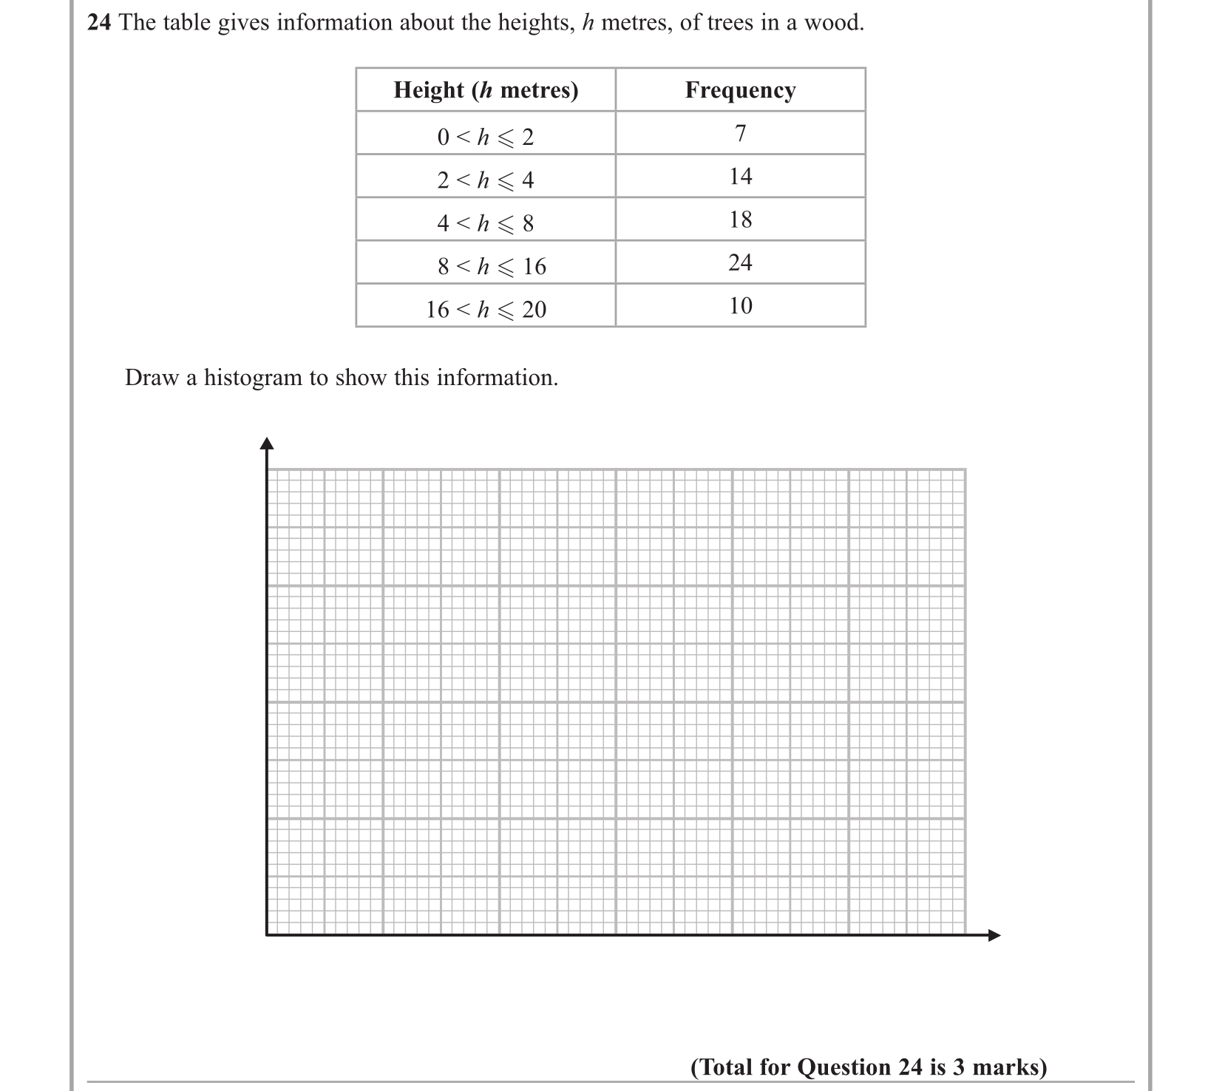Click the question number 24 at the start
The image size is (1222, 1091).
click(x=99, y=23)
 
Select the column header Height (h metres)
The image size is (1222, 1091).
click(x=486, y=90)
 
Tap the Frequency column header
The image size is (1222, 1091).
click(x=740, y=90)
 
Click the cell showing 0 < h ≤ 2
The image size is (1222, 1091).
click(x=486, y=137)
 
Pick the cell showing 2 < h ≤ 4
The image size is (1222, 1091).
click(x=486, y=180)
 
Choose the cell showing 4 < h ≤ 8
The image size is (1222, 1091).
click(x=486, y=222)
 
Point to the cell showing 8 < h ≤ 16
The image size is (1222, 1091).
click(x=492, y=266)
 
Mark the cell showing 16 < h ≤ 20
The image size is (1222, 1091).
click(x=486, y=309)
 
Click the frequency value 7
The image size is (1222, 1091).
click(x=740, y=134)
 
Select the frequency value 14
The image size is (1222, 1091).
click(x=740, y=177)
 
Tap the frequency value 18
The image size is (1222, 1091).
click(x=740, y=220)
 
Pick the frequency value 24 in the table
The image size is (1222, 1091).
click(x=740, y=262)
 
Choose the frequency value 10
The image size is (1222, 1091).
click(x=740, y=306)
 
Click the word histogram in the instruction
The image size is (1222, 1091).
click(x=254, y=378)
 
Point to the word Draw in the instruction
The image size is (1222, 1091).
click(x=152, y=378)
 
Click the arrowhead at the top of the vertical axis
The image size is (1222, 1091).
click(x=267, y=443)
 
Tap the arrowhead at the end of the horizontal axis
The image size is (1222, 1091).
click(x=994, y=935)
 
